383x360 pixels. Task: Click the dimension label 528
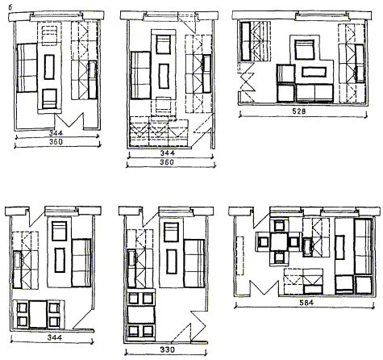pos(299,111)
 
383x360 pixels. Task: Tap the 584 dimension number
pos(306,303)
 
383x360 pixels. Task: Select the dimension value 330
pos(167,350)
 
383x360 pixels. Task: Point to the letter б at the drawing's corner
pos(10,7)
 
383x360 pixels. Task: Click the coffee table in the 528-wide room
pos(314,72)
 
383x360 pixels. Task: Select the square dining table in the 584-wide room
pos(279,242)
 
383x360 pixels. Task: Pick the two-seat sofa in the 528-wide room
pos(314,94)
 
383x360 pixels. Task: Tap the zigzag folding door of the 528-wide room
pos(247,82)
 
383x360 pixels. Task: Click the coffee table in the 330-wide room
pos(172,262)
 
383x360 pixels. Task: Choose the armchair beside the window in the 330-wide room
pos(171,232)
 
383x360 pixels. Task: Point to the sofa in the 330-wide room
pos(194,263)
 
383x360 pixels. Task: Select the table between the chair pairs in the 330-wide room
pos(141,314)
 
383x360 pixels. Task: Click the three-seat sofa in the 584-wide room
pos(363,247)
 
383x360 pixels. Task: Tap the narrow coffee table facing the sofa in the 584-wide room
pos(340,247)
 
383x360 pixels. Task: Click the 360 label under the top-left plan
pos(56,142)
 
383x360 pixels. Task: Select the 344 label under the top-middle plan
pos(168,153)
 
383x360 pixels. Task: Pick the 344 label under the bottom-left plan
pos(55,337)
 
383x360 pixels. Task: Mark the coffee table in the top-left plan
pos(49,67)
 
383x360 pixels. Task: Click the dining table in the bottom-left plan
pos(38,314)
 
